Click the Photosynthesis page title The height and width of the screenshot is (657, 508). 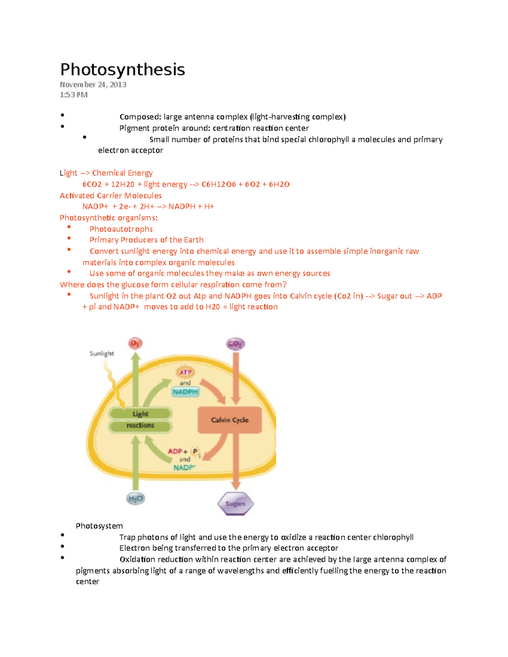point(122,69)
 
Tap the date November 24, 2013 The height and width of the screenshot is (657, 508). point(93,85)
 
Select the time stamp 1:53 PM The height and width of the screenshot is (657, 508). point(74,95)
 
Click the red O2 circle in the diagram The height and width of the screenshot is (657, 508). point(135,343)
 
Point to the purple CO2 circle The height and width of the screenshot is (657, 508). point(235,344)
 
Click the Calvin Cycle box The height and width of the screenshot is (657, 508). point(229,420)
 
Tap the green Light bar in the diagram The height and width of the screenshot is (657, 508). point(140,414)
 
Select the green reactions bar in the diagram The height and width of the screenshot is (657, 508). point(140,426)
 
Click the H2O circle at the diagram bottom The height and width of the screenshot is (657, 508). point(135,498)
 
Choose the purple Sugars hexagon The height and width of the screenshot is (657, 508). point(235,503)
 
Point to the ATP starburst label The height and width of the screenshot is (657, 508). point(185,372)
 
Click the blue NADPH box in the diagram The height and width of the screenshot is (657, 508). point(185,392)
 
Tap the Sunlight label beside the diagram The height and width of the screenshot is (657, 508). point(102,353)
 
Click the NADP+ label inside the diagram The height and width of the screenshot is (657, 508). point(184,467)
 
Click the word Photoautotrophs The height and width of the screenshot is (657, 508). point(121,229)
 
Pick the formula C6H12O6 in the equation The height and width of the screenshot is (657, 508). point(218,184)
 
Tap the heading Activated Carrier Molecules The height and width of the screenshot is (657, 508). point(110,195)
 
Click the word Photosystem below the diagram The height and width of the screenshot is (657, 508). point(99,526)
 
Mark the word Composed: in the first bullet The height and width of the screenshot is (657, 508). point(140,117)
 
